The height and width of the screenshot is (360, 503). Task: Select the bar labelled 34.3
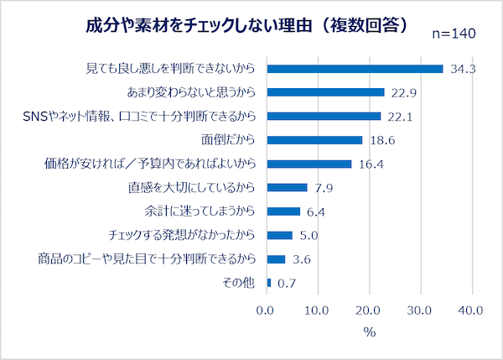[x=355, y=69]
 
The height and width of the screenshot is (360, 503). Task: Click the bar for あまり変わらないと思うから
[x=325, y=92]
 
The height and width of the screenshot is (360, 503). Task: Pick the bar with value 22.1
[x=324, y=116]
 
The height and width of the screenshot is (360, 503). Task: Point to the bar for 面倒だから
[x=314, y=140]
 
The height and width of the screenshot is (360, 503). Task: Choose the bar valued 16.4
[x=309, y=164]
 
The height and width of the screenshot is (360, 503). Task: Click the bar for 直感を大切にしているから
[x=287, y=187]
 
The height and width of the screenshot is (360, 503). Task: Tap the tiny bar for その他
[x=268, y=282]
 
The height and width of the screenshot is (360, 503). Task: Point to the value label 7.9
[x=324, y=187]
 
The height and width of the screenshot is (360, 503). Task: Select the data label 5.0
[x=309, y=235]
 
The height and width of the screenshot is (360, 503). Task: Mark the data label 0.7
[x=287, y=283]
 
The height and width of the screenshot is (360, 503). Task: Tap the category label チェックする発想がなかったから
[x=181, y=235]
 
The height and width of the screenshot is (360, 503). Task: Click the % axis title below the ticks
[x=369, y=332]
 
